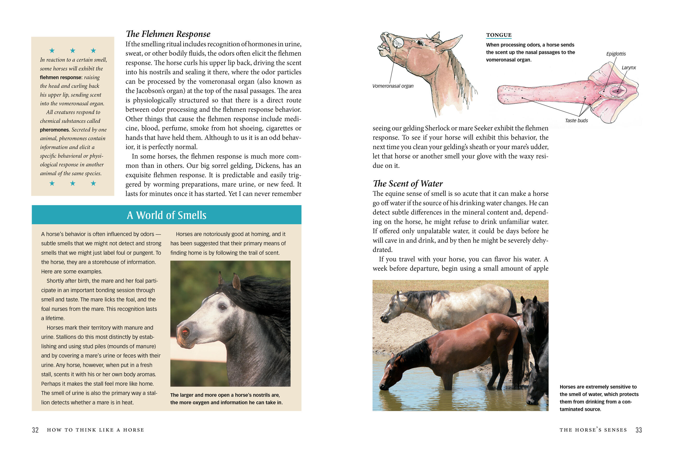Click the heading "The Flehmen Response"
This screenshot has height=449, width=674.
tap(168, 34)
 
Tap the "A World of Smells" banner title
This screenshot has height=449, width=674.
tap(166, 215)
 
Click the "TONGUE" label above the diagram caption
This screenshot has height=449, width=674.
tap(499, 35)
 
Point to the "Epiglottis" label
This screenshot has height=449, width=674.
tap(616, 54)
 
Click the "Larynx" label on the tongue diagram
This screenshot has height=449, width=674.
tap(628, 68)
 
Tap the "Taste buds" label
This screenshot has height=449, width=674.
tap(576, 120)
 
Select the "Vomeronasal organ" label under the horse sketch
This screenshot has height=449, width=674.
tap(392, 86)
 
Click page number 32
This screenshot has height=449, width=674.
tap(35, 430)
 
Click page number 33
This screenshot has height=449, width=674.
tap(638, 430)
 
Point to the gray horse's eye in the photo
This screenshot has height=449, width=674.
tap(222, 307)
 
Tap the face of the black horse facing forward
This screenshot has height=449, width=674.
tap(530, 318)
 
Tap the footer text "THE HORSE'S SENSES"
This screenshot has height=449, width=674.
tap(593, 430)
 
